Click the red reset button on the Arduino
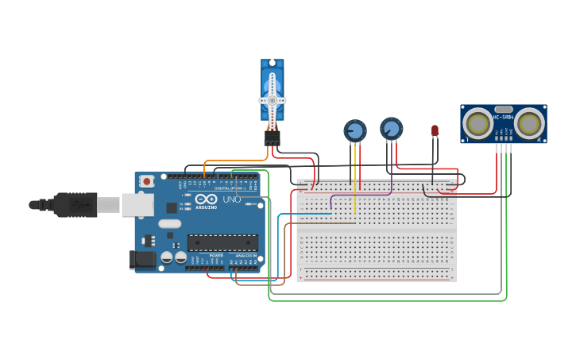click(x=147, y=181)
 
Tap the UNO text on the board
click(x=231, y=199)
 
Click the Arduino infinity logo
click(x=206, y=199)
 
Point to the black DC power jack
click(x=141, y=259)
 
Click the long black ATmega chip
click(x=222, y=242)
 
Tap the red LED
click(x=435, y=130)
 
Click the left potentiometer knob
click(x=354, y=130)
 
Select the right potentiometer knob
click(x=391, y=128)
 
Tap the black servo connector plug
click(x=273, y=138)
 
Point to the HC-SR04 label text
click(x=503, y=117)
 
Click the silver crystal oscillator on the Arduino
click(x=170, y=224)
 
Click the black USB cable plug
click(x=75, y=204)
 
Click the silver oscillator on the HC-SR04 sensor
click(x=504, y=109)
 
